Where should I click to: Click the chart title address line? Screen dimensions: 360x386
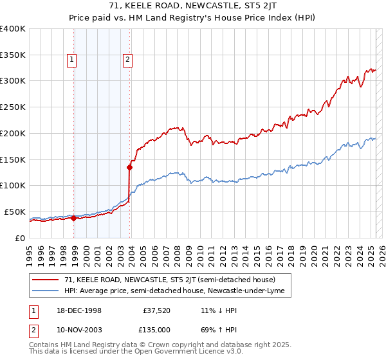click(193, 7)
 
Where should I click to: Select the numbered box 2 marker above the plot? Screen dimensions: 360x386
click(127, 60)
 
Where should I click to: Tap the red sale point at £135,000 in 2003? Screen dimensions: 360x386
click(129, 167)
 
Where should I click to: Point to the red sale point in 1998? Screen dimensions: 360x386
click(73, 218)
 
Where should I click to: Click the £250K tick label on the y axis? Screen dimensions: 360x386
click(13, 107)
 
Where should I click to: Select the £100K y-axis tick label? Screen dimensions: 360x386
click(13, 185)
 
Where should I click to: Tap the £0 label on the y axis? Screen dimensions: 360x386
click(19, 238)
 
